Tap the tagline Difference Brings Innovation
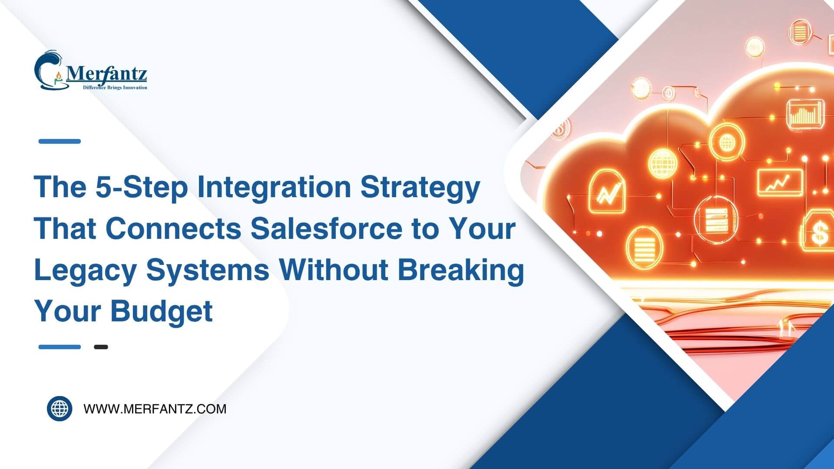pos(115,88)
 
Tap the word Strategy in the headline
pos(420,187)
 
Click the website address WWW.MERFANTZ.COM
pos(155,409)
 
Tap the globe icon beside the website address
pos(60,409)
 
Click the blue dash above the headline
pos(60,141)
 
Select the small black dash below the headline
pos(101,347)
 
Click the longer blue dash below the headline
pos(60,347)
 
